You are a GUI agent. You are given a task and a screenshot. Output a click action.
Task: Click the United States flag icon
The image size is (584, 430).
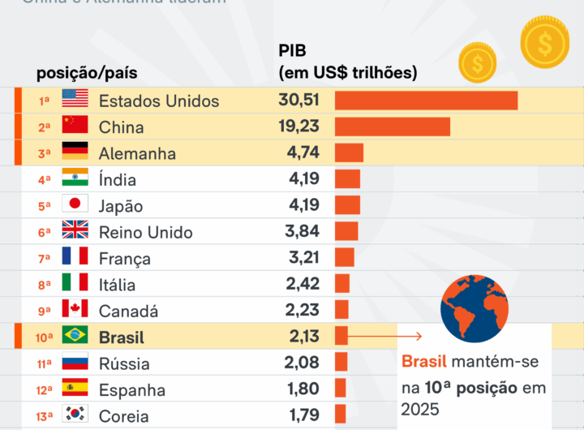pos(75,100)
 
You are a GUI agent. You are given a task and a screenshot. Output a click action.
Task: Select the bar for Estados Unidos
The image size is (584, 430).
pos(426,100)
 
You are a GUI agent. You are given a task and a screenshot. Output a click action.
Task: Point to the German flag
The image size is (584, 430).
pos(75,153)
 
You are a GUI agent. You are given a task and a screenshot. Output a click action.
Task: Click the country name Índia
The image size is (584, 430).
pos(118,179)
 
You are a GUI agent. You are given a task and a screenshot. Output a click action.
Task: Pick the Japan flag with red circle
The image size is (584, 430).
pos(75,204)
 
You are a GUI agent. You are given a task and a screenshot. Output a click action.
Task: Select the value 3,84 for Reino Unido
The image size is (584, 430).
pos(302,232)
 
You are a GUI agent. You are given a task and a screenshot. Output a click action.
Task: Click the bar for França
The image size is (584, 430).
pos(344,258)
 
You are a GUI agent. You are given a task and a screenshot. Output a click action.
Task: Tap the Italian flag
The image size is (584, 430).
pos(75,283)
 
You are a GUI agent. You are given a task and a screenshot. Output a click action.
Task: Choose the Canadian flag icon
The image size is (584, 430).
pos(75,309)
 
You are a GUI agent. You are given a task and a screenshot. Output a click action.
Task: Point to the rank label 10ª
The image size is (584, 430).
pos(45,336)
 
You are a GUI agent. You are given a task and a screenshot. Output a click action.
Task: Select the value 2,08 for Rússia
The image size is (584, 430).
pos(302,362)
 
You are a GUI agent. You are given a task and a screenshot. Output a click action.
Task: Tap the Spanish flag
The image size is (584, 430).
pos(75,388)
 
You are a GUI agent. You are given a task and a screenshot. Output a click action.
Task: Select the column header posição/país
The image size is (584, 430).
pos(87,73)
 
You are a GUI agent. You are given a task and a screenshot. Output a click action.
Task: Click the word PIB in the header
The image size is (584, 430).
pos(292,51)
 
